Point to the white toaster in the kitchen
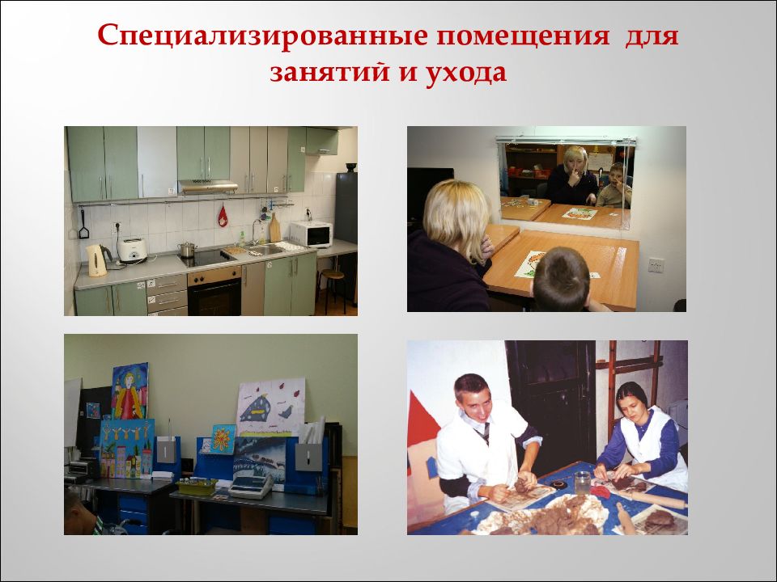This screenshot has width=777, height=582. (131, 251)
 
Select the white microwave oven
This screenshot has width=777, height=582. (311, 234)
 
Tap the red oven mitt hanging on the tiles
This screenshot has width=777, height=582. (223, 216)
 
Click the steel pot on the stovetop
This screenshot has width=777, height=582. (187, 249)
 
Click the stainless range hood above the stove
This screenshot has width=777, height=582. (208, 187)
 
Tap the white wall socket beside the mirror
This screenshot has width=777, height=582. (655, 264)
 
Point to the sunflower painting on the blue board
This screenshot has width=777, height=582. (223, 439)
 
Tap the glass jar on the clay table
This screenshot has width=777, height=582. (583, 483)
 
